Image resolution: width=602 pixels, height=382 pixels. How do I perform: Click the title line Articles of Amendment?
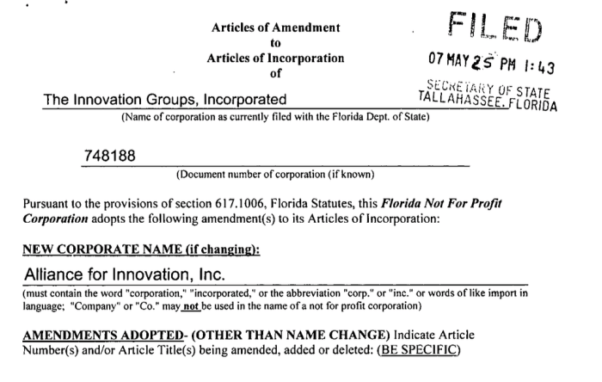275,26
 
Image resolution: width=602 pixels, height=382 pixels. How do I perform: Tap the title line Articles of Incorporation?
275,59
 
